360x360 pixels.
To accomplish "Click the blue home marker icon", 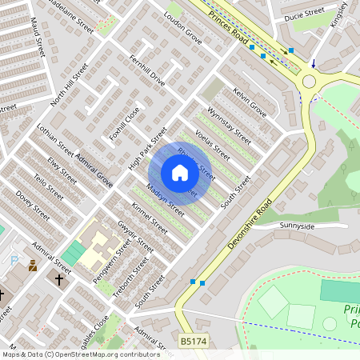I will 180,173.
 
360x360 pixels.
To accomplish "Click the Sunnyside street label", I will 297,226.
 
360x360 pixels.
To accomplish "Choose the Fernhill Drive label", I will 147,70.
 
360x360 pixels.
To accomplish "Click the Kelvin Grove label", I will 249,98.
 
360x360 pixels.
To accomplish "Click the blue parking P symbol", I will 14,259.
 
